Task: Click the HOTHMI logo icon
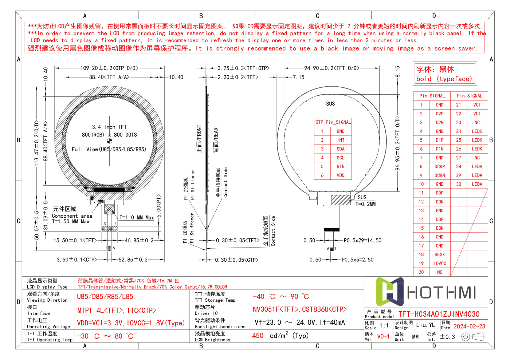tap(389, 292)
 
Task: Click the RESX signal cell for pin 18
tap(440, 255)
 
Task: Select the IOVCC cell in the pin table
tap(440, 264)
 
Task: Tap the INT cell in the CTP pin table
tap(341, 140)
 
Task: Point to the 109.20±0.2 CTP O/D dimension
tap(109, 68)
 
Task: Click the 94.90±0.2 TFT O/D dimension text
tap(332, 68)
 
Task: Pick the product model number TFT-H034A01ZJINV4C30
tap(439, 314)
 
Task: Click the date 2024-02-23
tap(470, 327)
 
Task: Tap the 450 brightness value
tap(258, 336)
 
